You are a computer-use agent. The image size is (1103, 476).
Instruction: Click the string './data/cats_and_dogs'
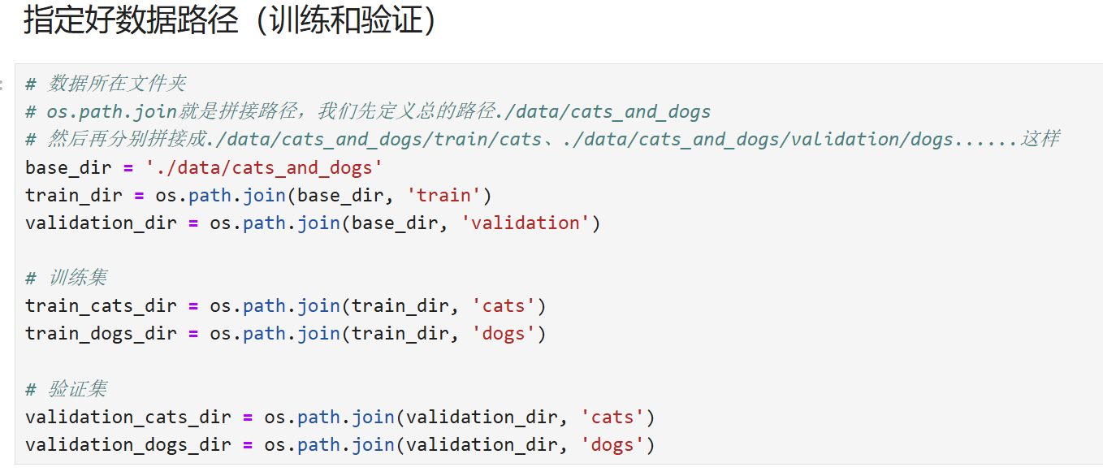pos(263,168)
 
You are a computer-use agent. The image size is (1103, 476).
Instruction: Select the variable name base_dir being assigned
pos(63,168)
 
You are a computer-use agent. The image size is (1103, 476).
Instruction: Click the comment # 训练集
pos(66,279)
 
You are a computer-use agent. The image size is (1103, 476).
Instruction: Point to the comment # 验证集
pos(66,389)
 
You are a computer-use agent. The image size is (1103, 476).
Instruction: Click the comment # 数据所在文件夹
pos(106,84)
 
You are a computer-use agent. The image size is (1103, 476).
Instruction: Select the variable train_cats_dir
pos(101,306)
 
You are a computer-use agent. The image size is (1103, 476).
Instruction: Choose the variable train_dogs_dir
pos(101,334)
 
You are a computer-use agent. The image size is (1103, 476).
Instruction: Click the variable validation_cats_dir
pos(128,418)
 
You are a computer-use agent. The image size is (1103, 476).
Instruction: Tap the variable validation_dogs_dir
pos(128,445)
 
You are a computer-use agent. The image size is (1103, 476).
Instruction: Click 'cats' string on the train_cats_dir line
pos(504,306)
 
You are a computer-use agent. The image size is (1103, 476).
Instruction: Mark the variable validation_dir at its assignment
pos(101,223)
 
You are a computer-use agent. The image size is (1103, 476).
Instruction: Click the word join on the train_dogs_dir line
pos(318,334)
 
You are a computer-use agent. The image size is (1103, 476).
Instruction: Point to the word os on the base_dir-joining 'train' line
pos(166,196)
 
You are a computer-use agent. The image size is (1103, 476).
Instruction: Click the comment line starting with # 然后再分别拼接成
pos(542,139)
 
